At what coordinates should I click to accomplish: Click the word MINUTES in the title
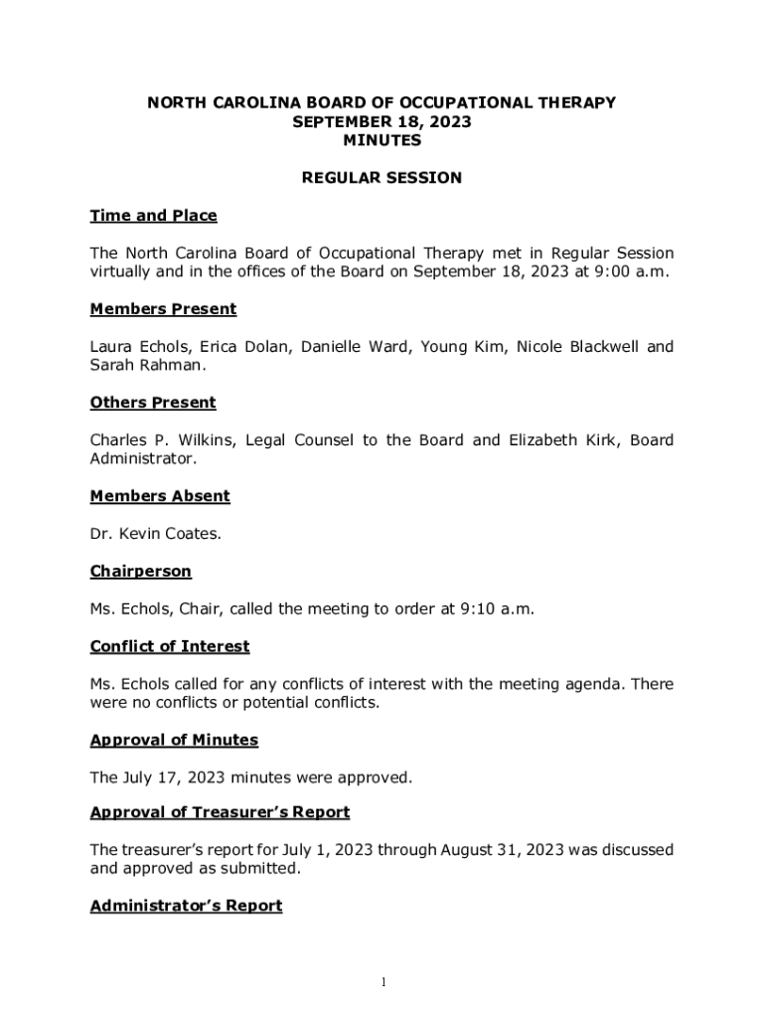point(382,141)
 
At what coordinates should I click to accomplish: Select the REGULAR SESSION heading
point(382,178)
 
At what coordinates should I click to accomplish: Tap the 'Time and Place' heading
point(153,216)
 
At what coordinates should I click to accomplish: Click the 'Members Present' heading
point(163,309)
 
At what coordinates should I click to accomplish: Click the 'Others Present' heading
point(153,403)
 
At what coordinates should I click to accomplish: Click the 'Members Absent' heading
point(160,496)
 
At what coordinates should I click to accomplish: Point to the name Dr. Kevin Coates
point(155,534)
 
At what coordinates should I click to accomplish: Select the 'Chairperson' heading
point(140,572)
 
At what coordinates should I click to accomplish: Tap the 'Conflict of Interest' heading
point(170,646)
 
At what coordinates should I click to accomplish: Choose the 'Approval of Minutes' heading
point(174,740)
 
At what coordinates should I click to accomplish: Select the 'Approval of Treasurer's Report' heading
point(220,812)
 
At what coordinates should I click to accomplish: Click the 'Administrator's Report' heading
point(186,906)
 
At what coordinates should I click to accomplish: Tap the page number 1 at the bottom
point(382,983)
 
